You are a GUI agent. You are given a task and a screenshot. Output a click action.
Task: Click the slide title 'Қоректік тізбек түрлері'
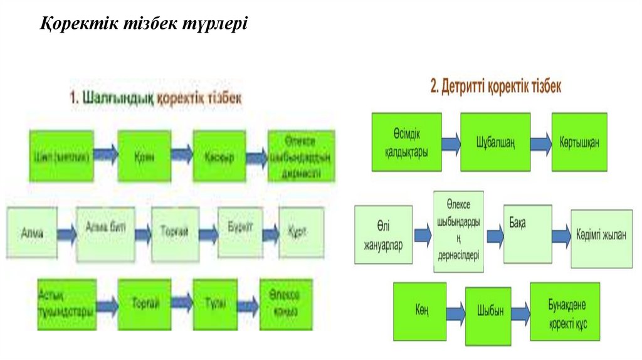145,24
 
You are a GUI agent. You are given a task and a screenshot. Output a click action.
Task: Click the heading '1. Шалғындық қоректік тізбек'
155,98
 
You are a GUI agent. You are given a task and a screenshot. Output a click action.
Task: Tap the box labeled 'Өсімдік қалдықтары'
406,142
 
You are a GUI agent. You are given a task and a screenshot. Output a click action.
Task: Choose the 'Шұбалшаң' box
495,142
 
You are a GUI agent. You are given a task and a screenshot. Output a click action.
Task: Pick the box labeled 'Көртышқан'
579,142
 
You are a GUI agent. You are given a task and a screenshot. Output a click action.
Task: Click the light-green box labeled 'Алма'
32,233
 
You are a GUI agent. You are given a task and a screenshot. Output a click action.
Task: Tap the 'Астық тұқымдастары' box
66,304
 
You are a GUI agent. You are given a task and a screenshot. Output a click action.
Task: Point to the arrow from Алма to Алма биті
66,234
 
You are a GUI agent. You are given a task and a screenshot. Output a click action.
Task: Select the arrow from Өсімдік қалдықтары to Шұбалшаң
451,143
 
